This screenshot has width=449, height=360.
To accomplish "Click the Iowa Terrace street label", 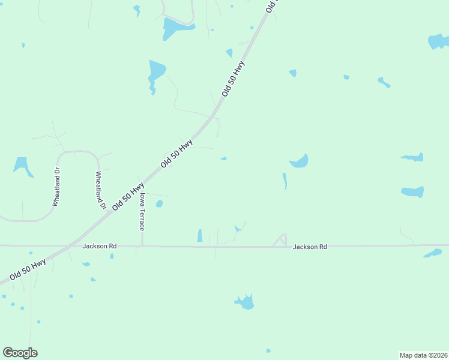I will click(x=142, y=211).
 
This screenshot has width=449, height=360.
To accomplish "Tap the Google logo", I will click(x=20, y=352).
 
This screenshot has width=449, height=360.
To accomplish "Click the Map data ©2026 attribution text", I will click(x=423, y=355).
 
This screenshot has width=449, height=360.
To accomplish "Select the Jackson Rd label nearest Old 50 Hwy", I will click(x=100, y=246).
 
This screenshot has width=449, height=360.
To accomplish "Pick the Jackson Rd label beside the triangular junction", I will click(x=310, y=247).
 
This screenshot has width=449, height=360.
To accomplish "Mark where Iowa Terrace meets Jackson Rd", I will click(x=142, y=246).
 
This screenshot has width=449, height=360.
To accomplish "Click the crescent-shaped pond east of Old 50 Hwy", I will click(x=300, y=162).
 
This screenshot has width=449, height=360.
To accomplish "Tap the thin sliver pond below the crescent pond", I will click(x=285, y=181).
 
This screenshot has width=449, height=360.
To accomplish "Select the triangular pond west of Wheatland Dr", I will click(x=23, y=166).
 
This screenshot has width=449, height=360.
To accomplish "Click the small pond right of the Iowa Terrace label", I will click(x=159, y=204).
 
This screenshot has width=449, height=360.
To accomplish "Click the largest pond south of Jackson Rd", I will click(x=246, y=302).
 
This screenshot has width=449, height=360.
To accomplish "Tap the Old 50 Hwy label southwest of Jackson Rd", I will click(x=27, y=271).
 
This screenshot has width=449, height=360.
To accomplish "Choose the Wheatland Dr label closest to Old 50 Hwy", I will click(x=100, y=190).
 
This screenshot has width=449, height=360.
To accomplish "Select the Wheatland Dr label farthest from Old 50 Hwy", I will click(x=56, y=187).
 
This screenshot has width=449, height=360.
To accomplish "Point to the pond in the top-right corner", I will click(x=439, y=42).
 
